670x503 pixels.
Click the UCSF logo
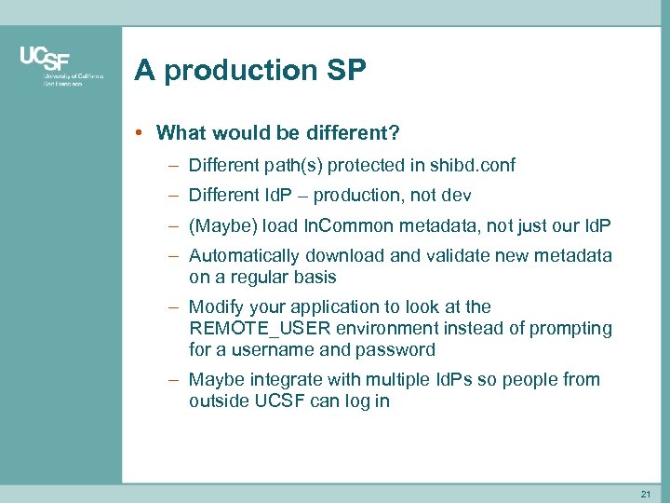coord(61,66)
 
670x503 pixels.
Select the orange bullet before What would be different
coord(138,133)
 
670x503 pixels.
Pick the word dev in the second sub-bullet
coord(456,196)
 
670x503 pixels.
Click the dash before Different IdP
coord(174,196)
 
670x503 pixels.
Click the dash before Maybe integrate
coord(174,379)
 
